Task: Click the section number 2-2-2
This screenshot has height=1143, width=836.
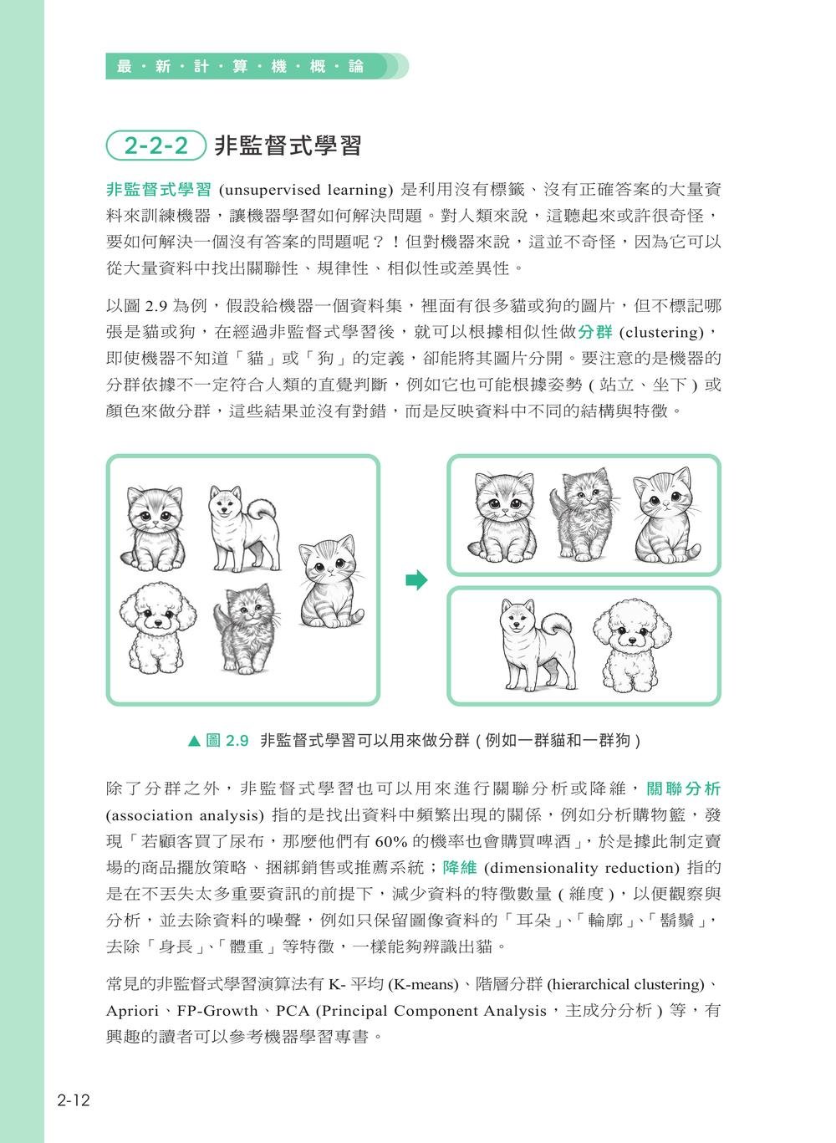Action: [x=156, y=146]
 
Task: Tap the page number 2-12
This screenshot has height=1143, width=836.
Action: [x=74, y=1100]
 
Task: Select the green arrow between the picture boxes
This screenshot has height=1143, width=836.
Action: [x=416, y=580]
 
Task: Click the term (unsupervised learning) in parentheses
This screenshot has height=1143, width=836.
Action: [x=305, y=189]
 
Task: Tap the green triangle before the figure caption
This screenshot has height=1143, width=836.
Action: [x=195, y=741]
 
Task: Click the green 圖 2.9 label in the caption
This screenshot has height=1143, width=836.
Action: [x=227, y=741]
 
